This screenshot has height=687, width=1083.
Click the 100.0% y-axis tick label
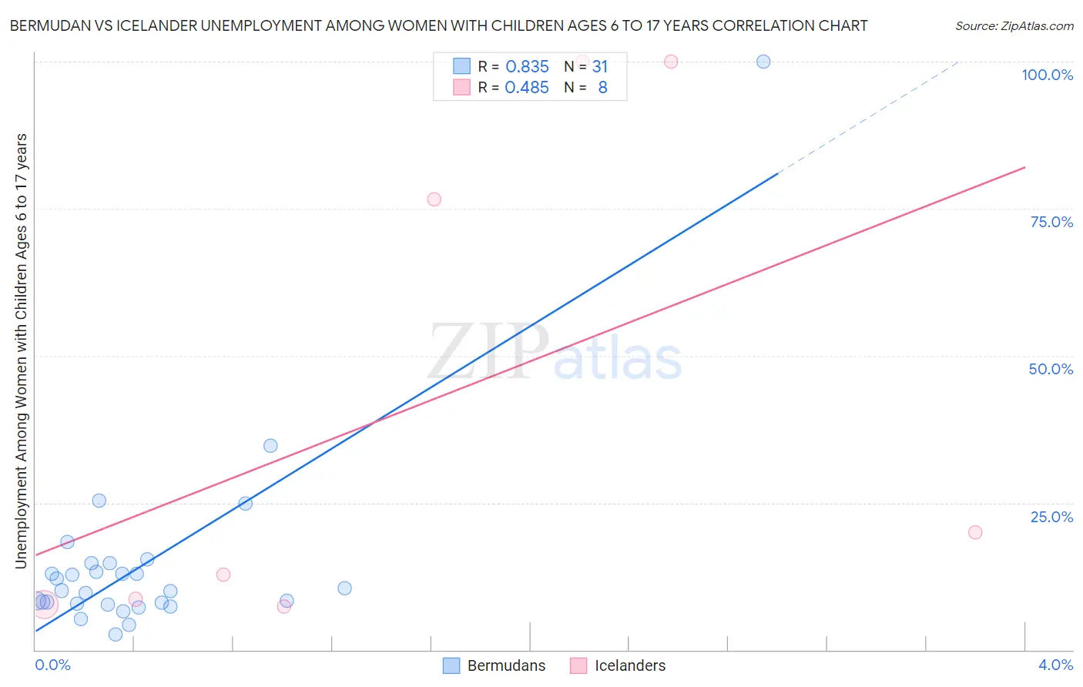[x=1047, y=75]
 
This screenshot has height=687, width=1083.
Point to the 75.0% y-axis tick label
[x=1051, y=222]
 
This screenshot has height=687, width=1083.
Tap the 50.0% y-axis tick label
[x=1051, y=369]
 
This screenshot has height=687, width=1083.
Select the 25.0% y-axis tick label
[x=1051, y=517]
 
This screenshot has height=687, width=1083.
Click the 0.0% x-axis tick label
[x=52, y=665]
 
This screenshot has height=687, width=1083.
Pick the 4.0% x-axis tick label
[x=1055, y=665]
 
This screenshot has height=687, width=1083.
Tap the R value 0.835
[x=527, y=67]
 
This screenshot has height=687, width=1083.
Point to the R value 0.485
[x=527, y=88]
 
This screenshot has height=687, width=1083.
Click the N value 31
[x=600, y=67]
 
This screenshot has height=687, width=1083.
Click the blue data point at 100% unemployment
[x=763, y=62]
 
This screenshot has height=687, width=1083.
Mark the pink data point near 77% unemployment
[x=434, y=199]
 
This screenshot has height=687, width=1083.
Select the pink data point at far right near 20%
[x=975, y=532]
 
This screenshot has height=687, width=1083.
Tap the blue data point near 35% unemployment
[x=270, y=446]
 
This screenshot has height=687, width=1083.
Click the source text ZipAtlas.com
[x=1014, y=26]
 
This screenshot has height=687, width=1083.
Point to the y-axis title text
[x=21, y=351]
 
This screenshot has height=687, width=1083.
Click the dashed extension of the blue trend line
[x=870, y=116]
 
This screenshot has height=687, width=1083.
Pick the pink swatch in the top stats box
[x=461, y=87]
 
